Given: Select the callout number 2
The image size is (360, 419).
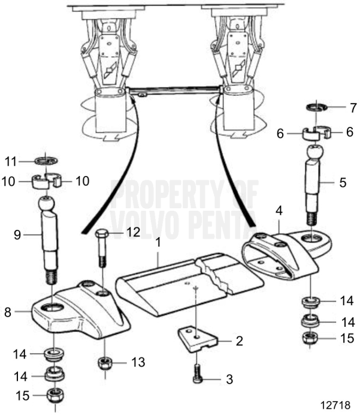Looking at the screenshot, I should point(240,341).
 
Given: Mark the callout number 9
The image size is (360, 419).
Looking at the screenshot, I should point(17,235).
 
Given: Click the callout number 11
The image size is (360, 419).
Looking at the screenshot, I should point(10,161).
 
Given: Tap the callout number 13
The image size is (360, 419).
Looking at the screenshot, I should point(139,362).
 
